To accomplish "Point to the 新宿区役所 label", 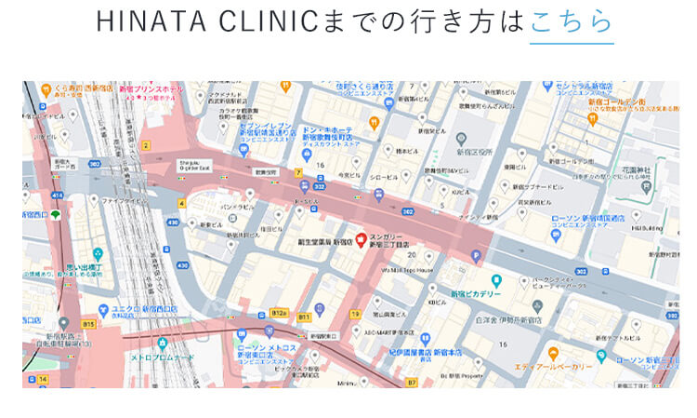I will pos(475,151).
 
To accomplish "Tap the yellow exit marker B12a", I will pos(278,313).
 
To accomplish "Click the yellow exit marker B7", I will pos(412,381).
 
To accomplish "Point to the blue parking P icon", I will pos(478,256).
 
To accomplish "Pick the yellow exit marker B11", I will pos(304,317).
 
